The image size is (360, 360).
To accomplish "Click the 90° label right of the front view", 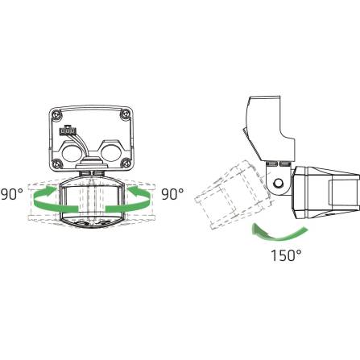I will (x=172, y=195).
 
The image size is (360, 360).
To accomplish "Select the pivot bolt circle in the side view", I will (x=279, y=184).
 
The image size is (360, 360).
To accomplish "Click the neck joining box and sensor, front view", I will (x=92, y=173).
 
